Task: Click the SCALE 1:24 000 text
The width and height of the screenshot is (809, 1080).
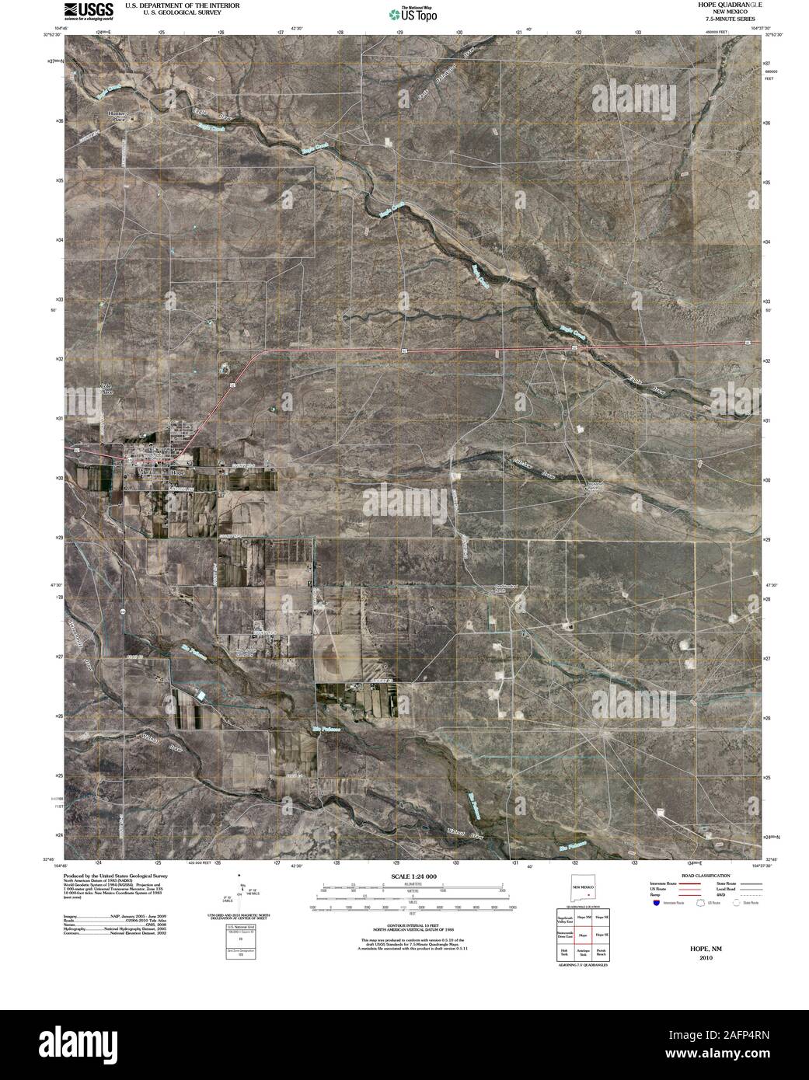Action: point(404,875)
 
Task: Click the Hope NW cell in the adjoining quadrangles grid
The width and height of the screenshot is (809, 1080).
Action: point(583,918)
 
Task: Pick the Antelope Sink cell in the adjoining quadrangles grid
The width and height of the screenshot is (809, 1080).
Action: point(583,953)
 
